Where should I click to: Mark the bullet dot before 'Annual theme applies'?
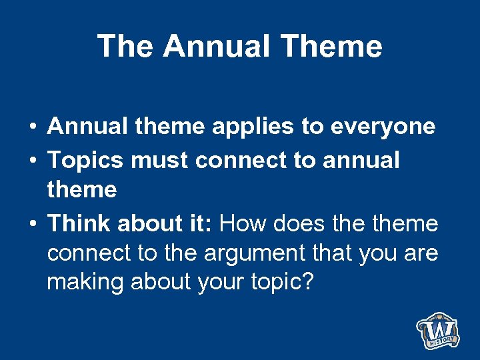click(32, 127)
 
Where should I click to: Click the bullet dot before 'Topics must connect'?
click(32, 161)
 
